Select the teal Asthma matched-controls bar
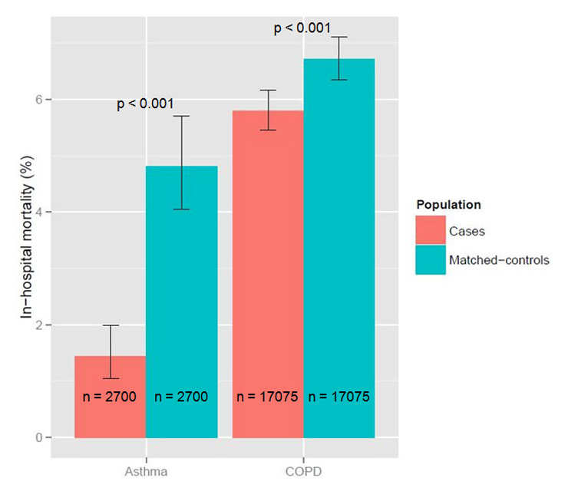pyautogui.click(x=181, y=307)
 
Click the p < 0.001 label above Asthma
pyautogui.click(x=145, y=104)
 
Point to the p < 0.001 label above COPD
pyautogui.click(x=302, y=28)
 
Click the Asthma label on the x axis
pyautogui.click(x=146, y=469)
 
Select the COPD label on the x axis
pyautogui.click(x=303, y=469)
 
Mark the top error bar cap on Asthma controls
pyautogui.click(x=181, y=116)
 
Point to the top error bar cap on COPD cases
pyautogui.click(x=268, y=91)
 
